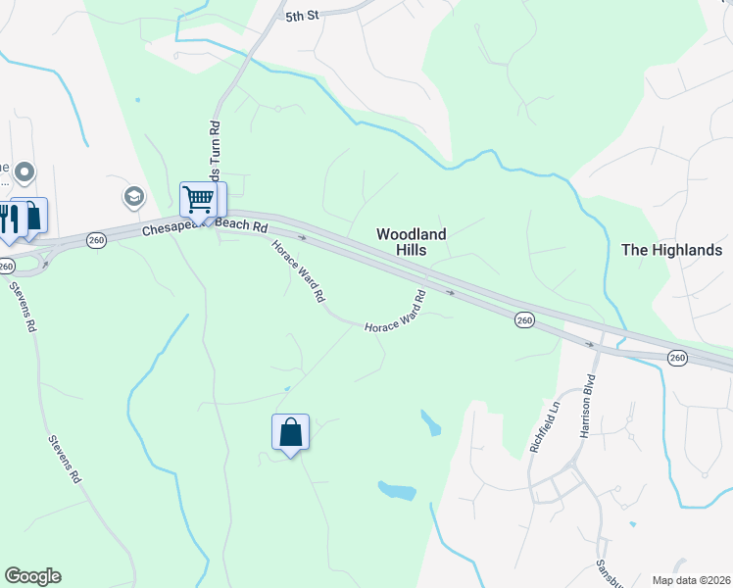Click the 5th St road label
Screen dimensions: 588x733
point(304,17)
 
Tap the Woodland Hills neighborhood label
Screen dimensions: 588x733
point(413,242)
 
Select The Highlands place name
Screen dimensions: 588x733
point(671,250)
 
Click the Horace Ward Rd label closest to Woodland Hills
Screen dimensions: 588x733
point(396,313)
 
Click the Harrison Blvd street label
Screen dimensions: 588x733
point(589,404)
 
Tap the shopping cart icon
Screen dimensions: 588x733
point(199,201)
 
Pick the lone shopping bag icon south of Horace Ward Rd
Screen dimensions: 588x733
point(290,431)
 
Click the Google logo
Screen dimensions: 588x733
point(32,576)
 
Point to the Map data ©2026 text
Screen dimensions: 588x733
point(691,579)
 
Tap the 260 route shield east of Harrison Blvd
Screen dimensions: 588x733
point(677,358)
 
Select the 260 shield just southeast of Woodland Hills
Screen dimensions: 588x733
point(524,319)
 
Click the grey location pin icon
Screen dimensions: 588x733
point(24,173)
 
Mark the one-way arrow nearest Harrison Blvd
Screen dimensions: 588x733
point(590,344)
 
